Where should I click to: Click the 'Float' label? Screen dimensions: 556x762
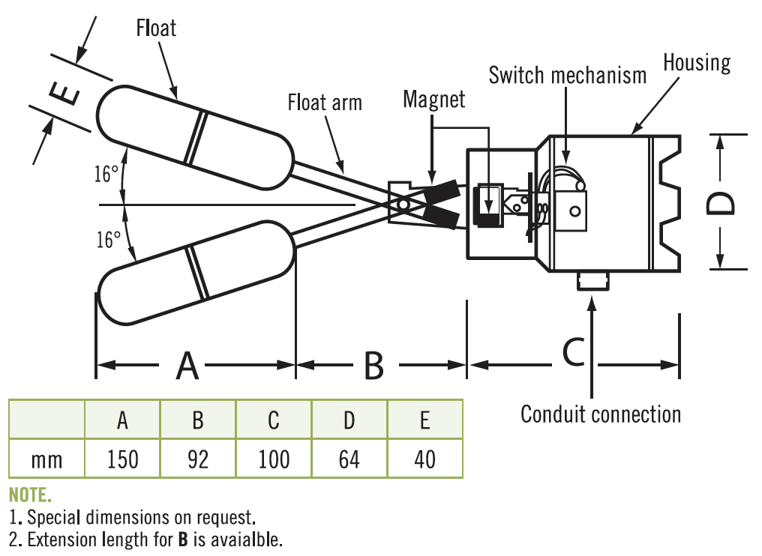[x=156, y=28]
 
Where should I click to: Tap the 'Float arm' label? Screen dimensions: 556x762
[x=325, y=102]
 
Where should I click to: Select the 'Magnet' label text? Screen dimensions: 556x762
[x=434, y=99]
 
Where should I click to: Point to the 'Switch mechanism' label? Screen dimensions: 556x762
[x=567, y=75]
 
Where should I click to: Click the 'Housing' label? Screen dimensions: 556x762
[x=697, y=62]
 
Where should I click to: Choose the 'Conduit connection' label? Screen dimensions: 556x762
[x=601, y=414]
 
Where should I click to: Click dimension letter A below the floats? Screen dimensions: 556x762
[x=187, y=366]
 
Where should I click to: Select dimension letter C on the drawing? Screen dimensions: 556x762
[x=574, y=351]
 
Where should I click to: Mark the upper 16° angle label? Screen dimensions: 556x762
[x=106, y=175]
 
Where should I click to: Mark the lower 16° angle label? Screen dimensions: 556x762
[x=108, y=240]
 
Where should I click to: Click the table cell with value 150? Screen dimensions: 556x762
[x=122, y=459]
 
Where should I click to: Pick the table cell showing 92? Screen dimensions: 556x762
[x=198, y=459]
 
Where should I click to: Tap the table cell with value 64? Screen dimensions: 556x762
[x=349, y=459]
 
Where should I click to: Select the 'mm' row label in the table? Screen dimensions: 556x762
[x=46, y=459]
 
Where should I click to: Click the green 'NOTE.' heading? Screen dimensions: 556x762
[x=31, y=496]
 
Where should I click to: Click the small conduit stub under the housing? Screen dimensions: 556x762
[x=592, y=282]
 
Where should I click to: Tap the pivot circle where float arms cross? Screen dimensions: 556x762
[x=403, y=203]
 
